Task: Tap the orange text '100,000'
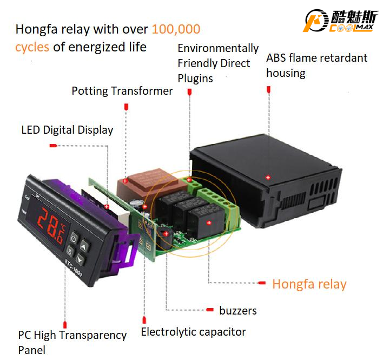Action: pyautogui.click(x=176, y=29)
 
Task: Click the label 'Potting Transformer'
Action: pyautogui.click(x=122, y=90)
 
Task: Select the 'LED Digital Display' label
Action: pyautogui.click(x=67, y=130)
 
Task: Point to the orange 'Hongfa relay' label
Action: pyautogui.click(x=309, y=284)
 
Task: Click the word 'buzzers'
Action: pyautogui.click(x=238, y=310)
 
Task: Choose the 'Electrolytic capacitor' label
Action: pyautogui.click(x=193, y=332)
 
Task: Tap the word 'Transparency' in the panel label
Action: pyautogui.click(x=94, y=336)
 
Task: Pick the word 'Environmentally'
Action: pyautogui.click(x=218, y=49)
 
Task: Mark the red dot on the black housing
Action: pyautogui.click(x=268, y=177)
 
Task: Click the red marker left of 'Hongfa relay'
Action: pyautogui.click(x=262, y=283)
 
